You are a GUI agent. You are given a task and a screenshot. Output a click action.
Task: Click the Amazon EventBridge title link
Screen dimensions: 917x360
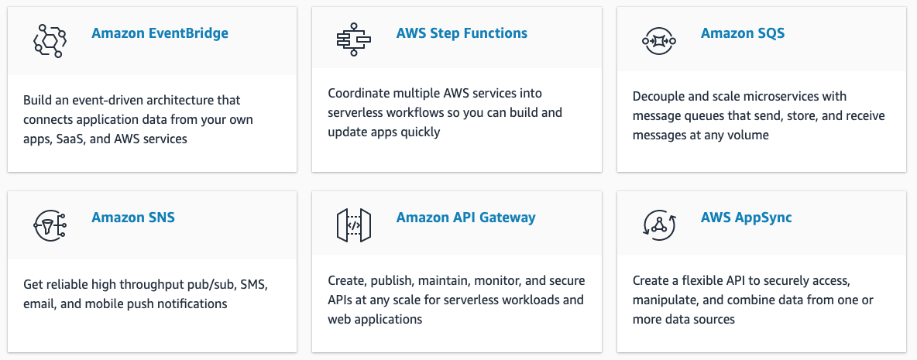160,33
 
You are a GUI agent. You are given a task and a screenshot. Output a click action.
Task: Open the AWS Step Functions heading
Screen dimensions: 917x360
462,33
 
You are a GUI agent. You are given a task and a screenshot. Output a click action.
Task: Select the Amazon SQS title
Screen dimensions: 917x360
743,33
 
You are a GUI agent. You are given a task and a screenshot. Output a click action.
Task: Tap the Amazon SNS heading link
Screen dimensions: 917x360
132,218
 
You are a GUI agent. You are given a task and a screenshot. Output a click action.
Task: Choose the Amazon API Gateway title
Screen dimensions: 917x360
465,218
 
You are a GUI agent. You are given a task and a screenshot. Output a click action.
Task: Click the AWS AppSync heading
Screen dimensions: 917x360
747,218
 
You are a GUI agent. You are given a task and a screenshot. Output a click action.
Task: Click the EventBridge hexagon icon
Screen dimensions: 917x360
49,40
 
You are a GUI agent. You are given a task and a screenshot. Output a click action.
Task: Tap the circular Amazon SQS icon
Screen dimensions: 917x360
658,41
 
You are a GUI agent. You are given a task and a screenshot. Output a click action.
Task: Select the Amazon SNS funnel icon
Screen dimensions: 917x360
49,225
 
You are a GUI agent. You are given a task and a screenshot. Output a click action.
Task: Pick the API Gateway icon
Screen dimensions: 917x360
354,225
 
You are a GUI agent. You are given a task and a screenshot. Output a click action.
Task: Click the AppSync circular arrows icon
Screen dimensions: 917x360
658,225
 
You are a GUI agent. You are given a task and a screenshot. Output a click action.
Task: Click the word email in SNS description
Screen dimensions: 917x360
39,304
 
